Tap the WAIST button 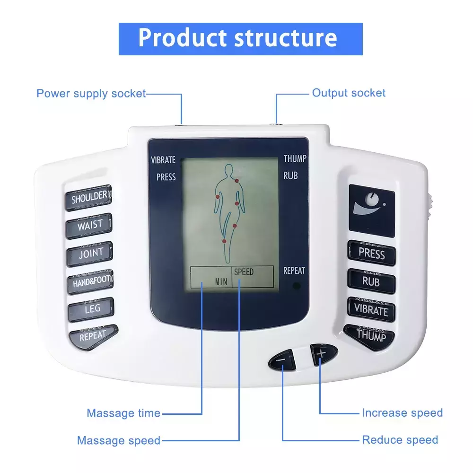pos(89,226)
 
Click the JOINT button pos(89,254)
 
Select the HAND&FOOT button pos(90,282)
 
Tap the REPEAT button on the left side pos(93,337)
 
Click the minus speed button pos(282,359)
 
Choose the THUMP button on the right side pos(369,337)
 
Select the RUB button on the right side pos(371,281)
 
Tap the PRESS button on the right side pos(372,253)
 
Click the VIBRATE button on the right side pos(371,310)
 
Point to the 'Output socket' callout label pos(349,93)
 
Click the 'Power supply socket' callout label pos(91,94)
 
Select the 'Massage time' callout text pos(123,413)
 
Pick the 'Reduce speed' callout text pos(400,440)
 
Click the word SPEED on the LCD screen pos(244,272)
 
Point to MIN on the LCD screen pos(221,282)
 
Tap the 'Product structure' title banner pos(240,39)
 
